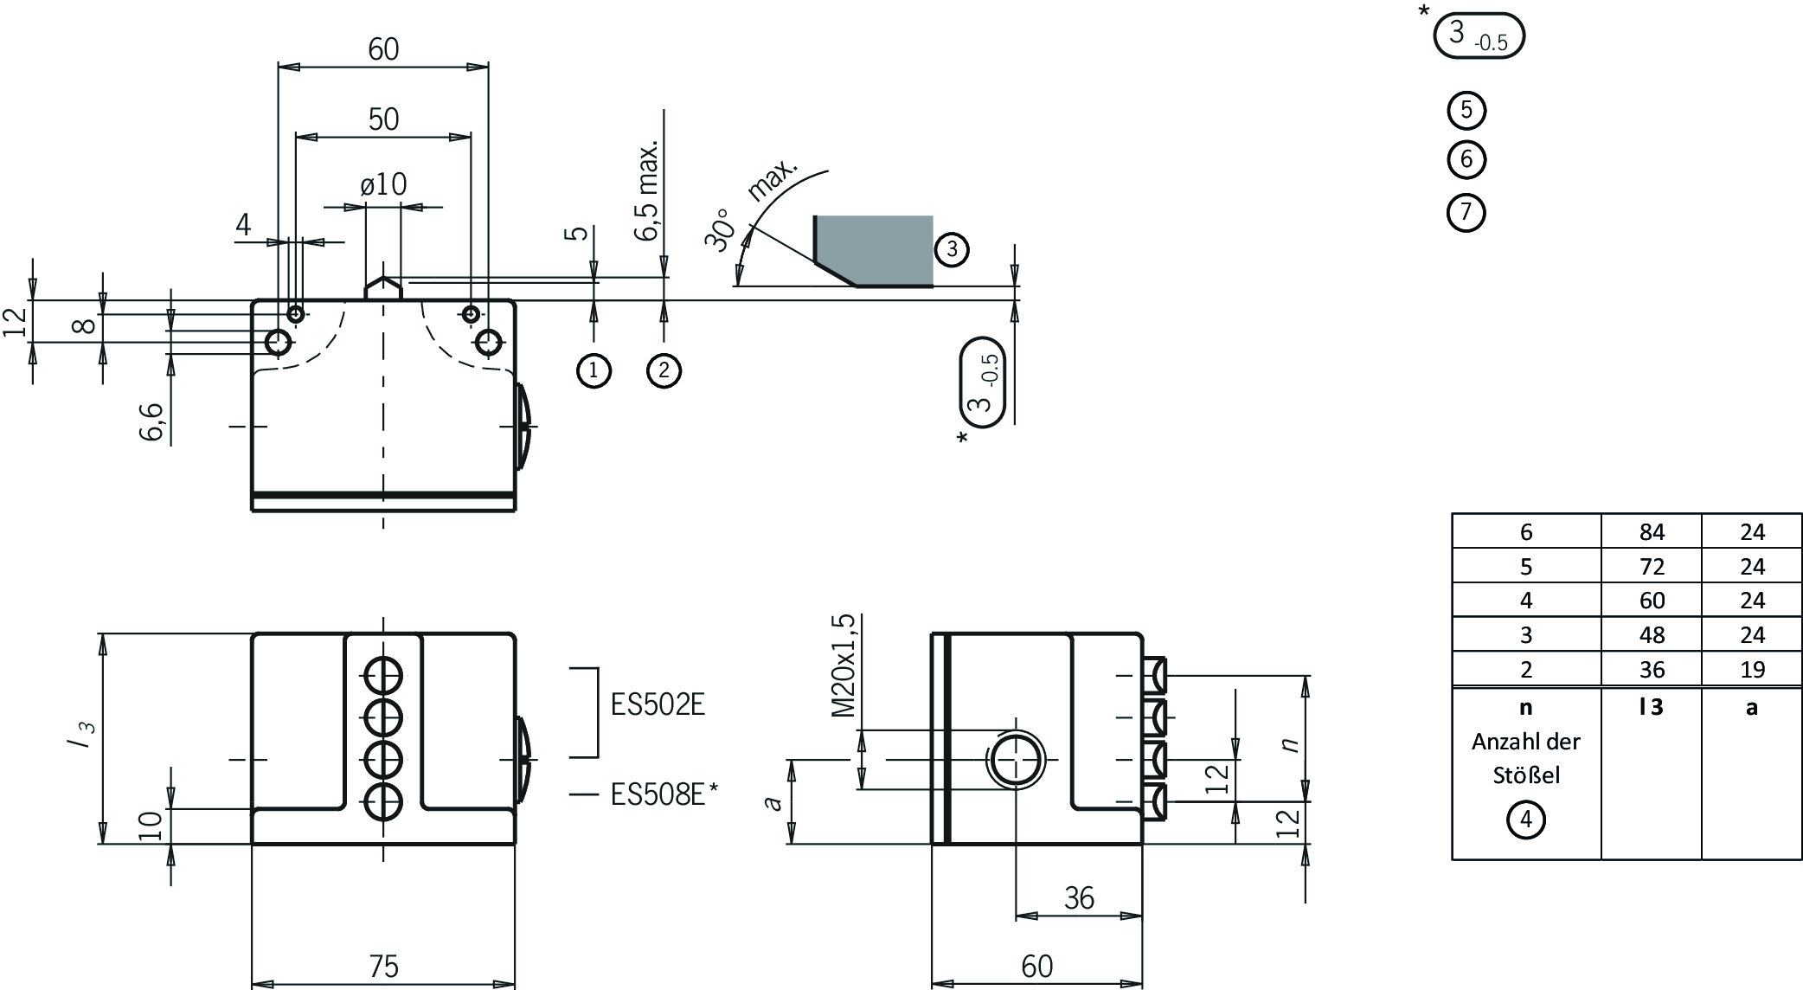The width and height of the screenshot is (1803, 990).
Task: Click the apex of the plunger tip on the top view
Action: point(383,277)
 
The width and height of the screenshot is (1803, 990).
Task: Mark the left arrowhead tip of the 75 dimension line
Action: point(252,984)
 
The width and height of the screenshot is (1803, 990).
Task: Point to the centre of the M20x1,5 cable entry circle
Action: point(1017,760)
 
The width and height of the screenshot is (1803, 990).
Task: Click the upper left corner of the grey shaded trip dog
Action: point(814,216)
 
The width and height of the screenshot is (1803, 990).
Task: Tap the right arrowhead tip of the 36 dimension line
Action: point(1142,916)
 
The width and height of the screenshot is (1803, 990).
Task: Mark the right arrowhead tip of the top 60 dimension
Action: point(489,67)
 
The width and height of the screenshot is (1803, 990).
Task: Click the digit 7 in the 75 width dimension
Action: point(374,966)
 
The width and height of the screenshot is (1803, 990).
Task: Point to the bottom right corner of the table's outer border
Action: point(1801,858)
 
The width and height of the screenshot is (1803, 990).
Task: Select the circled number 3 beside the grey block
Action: point(952,249)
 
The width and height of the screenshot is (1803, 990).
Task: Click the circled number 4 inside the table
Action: point(1526,820)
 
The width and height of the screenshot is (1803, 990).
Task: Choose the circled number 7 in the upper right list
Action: point(1466,212)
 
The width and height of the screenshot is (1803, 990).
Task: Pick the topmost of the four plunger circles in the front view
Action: point(383,675)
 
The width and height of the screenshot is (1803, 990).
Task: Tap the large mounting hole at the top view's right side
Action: point(489,343)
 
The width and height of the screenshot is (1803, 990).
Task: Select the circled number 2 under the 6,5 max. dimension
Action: point(664,370)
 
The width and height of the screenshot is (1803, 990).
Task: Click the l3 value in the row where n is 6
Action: point(1652,532)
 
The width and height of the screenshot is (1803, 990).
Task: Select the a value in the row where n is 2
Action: point(1752,670)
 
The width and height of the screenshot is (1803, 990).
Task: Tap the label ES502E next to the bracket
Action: point(658,704)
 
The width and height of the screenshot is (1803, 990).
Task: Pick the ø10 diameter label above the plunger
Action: point(383,184)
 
